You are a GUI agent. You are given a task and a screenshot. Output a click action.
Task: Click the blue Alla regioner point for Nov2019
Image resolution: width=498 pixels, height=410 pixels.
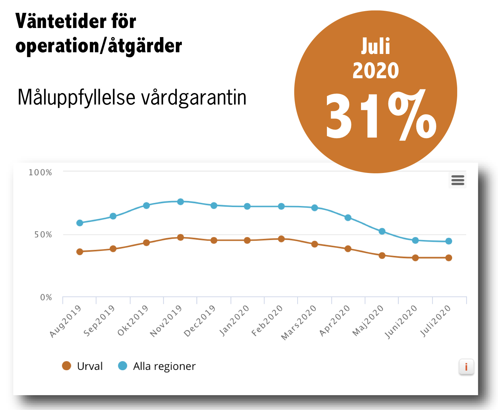point(181,202)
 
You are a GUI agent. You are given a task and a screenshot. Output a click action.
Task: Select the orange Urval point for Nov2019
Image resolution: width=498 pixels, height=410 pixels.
point(181,237)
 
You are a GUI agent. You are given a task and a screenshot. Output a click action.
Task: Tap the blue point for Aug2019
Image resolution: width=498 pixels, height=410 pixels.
point(80,223)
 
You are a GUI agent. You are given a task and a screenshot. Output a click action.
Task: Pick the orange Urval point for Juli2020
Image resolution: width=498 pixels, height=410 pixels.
point(449,258)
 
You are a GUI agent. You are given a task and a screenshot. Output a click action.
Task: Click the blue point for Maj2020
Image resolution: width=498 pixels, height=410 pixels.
point(382,231)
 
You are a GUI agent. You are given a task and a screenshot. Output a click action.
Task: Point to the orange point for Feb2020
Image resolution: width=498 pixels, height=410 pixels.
point(281,239)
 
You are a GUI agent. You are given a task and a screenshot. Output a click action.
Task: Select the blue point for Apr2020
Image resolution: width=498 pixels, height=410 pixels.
point(348,218)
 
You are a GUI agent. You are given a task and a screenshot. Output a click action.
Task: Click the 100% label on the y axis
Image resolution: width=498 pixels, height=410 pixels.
point(40,173)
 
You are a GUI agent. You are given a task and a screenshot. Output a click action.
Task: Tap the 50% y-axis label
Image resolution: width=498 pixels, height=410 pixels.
point(43,235)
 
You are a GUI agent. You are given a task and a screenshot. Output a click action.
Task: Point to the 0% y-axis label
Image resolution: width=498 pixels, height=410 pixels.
point(46,298)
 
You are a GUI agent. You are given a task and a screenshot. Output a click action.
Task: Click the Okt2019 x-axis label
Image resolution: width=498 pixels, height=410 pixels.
point(133,320)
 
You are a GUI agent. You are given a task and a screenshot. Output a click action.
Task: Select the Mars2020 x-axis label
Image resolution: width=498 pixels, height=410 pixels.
point(299,322)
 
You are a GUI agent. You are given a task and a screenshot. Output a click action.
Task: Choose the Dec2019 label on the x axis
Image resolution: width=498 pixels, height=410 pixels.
point(200,321)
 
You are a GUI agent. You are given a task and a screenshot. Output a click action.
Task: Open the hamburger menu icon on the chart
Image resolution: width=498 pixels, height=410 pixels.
point(458,180)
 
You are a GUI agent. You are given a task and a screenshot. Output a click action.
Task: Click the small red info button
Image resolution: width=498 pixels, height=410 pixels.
point(466,367)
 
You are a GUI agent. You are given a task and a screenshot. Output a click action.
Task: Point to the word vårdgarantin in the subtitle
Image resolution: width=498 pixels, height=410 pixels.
point(194,98)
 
